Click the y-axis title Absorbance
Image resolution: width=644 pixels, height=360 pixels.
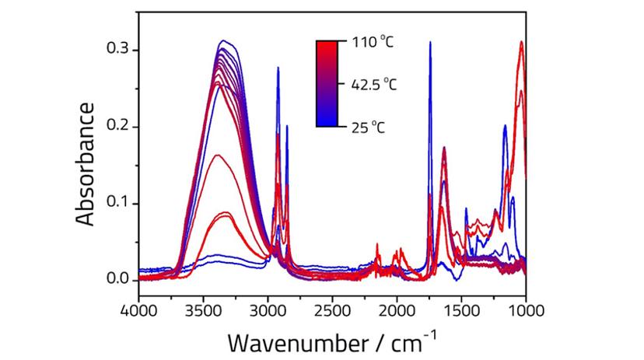pyautogui.click(x=87, y=163)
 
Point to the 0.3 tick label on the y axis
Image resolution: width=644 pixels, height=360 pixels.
pyautogui.click(x=117, y=50)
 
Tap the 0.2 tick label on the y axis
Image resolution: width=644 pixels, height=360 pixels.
pyautogui.click(x=117, y=126)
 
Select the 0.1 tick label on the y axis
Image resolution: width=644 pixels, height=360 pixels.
pyautogui.click(x=117, y=203)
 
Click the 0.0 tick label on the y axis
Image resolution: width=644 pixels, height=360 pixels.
pyautogui.click(x=117, y=278)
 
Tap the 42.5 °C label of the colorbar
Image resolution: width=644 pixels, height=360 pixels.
pyautogui.click(x=375, y=84)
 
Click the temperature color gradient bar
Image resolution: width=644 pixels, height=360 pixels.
pyautogui.click(x=327, y=83)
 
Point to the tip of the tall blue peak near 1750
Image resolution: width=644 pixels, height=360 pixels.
pyautogui.click(x=430, y=43)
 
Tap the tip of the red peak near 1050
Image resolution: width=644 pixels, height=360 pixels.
pyautogui.click(x=521, y=42)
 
